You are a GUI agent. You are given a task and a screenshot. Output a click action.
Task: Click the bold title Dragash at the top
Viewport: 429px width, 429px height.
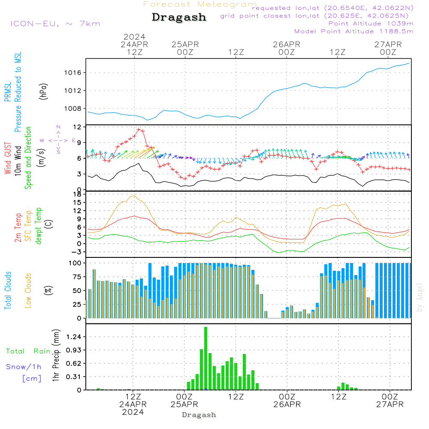pos(179,18)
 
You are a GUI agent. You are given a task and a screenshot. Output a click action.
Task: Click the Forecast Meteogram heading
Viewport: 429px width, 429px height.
pos(200,4)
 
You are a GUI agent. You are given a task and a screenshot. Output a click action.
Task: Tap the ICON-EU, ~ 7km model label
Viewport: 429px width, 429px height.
pos(55,24)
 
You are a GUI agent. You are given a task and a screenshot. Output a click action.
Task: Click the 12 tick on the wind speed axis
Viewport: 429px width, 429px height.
pos(78,127)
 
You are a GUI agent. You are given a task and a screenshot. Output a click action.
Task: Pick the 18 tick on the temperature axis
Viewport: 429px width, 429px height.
pos(78,194)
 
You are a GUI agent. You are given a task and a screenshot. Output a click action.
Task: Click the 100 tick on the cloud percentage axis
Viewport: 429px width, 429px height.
pos(75,263)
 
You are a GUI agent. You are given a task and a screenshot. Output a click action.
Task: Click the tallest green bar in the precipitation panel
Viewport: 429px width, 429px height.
pos(206,358)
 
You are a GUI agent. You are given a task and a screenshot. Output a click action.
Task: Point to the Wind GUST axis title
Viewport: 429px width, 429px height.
pos(8,157)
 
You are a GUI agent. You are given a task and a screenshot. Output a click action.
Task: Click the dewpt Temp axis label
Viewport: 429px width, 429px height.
pos(39,226)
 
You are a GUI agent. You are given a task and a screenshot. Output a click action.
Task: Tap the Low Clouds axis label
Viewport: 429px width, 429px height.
pos(28,290)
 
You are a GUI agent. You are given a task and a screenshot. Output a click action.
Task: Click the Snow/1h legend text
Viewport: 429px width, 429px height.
pos(24,367)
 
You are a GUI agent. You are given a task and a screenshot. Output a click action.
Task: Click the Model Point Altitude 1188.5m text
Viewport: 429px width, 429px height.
pos(354,31)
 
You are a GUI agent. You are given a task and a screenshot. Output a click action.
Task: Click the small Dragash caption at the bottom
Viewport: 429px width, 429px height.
pos(199,415)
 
